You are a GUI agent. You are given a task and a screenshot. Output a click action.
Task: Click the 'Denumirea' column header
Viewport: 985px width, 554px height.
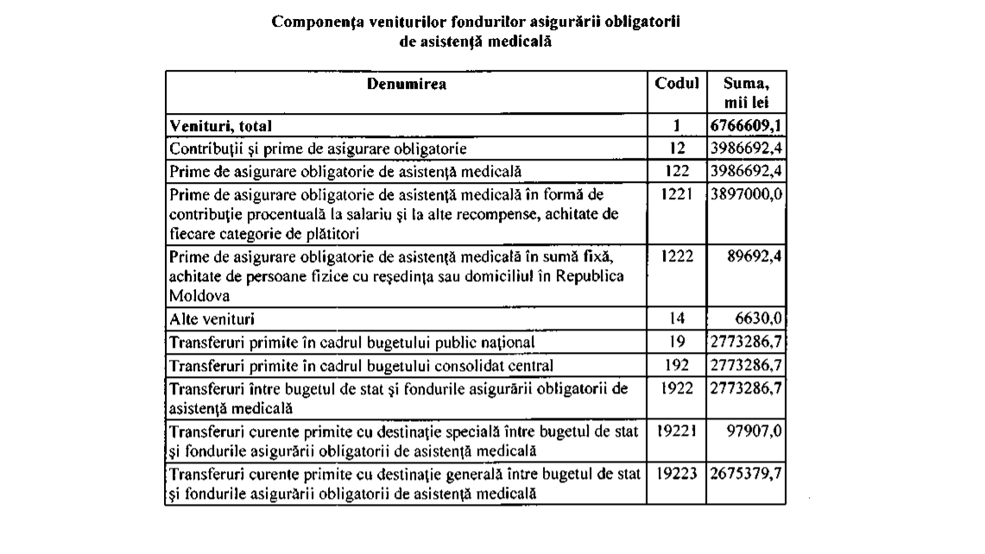407,85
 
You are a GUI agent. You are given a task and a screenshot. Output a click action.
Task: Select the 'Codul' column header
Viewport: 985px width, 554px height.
677,85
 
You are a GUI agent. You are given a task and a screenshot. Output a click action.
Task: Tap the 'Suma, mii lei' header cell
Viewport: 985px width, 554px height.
746,92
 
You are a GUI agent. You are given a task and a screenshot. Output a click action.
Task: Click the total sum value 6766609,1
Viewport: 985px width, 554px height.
746,126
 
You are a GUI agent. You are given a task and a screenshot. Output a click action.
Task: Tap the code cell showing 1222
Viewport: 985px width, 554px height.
677,256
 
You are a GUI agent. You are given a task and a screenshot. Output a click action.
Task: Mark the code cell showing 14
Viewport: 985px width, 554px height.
677,318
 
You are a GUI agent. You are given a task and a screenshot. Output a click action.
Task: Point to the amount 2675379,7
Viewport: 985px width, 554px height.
746,474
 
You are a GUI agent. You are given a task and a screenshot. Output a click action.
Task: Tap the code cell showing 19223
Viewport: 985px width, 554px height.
677,474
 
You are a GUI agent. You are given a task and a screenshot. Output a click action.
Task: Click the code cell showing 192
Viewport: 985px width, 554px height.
677,364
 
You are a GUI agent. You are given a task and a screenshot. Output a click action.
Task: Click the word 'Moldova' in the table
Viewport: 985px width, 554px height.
194,295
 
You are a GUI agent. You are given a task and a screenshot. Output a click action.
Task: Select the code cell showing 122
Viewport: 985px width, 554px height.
677,171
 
